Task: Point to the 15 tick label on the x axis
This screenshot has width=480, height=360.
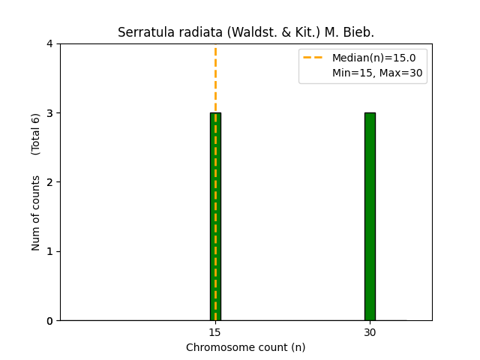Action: (215, 332)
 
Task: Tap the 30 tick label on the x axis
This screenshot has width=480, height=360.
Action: (370, 332)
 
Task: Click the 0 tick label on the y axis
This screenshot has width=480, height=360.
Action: (49, 321)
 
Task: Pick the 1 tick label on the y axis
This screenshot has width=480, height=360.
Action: (49, 251)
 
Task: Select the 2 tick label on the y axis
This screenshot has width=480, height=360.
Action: (49, 182)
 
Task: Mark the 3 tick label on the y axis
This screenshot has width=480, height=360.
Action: (49, 113)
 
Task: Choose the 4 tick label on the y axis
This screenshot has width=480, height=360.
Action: (49, 43)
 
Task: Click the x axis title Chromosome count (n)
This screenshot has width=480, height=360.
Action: (246, 347)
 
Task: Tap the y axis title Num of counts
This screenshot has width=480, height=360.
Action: (36, 213)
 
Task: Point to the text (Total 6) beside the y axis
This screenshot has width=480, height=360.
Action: (36, 134)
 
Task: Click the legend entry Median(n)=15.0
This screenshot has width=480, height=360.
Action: (368, 58)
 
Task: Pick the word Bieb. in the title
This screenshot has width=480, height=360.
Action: (360, 33)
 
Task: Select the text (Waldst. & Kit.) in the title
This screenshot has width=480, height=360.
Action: (268, 33)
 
